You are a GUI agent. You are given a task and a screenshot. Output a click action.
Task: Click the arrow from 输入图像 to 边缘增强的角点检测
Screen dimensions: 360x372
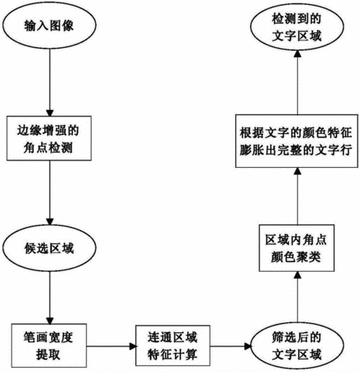tap(50, 83)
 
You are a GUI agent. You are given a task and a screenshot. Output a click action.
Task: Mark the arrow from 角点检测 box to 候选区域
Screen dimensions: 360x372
tap(50, 193)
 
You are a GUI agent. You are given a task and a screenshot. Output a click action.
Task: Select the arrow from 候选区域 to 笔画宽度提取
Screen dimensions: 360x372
tap(50, 298)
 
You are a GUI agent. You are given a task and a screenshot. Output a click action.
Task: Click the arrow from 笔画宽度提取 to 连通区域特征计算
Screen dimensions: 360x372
tap(111, 346)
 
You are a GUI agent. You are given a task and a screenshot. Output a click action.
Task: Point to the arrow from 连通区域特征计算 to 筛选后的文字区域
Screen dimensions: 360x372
tap(230, 346)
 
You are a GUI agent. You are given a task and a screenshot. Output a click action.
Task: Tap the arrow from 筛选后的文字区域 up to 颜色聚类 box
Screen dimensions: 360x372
tap(297, 297)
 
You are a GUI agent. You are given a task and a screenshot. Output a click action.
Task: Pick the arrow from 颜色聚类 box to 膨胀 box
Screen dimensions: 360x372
tap(297, 196)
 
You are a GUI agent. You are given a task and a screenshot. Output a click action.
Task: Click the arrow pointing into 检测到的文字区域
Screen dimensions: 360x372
tap(297, 83)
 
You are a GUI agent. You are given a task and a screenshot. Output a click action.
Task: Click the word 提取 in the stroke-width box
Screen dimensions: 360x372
tap(48, 355)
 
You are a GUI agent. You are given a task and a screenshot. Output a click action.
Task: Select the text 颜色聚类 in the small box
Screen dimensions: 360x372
tap(296, 257)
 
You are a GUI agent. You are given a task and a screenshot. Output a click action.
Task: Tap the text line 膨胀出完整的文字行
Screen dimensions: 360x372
tap(296, 150)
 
